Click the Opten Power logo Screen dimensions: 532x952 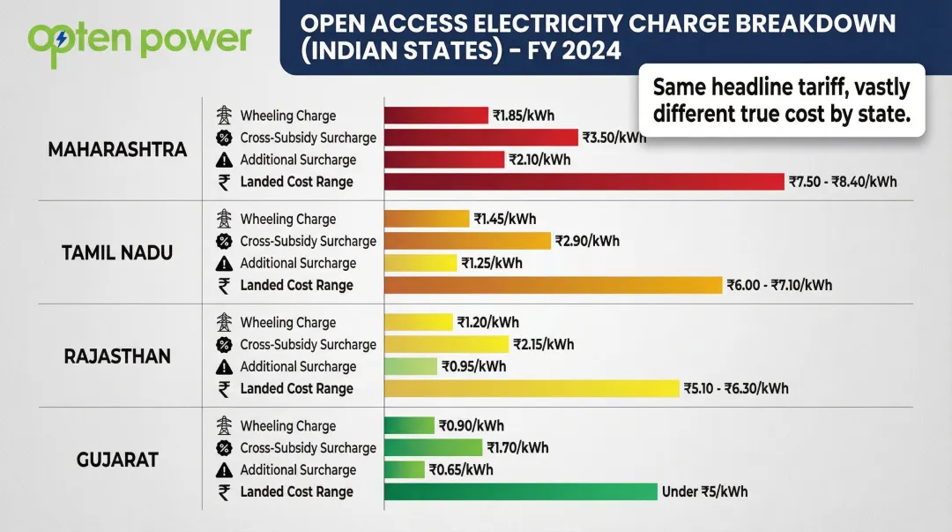139,39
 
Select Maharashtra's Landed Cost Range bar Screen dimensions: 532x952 584,181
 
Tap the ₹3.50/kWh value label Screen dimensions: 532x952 614,138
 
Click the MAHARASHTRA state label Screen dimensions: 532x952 117,149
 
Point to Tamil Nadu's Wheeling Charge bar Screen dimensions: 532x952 427,219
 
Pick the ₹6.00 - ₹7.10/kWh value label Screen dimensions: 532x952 778,285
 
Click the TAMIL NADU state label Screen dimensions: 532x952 117,252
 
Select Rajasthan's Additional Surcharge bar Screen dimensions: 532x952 411,366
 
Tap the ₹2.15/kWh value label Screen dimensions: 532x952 544,344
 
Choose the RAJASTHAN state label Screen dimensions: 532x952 117,356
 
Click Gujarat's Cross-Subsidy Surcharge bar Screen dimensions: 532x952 434,447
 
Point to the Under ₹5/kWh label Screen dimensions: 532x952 704,491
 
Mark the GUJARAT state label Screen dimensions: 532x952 117,460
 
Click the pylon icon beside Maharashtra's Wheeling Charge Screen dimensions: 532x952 224,116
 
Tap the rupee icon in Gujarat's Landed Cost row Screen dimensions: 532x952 224,492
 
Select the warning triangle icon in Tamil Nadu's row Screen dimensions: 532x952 224,263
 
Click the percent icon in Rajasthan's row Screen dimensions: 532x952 224,344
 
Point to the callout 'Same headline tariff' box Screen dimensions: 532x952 781,100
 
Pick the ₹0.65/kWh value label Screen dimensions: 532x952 461,469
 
